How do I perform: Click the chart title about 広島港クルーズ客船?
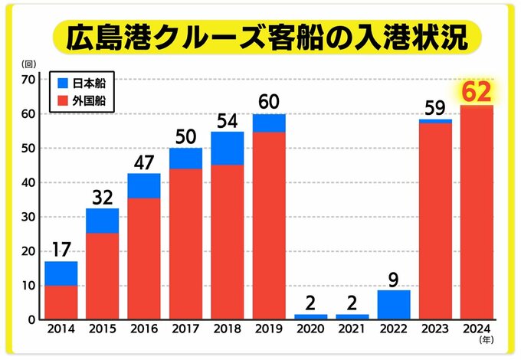[x=260, y=38]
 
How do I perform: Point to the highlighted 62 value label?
[x=475, y=93]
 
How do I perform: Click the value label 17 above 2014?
[x=61, y=250]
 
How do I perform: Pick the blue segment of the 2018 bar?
[x=227, y=148]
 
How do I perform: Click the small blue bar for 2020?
[x=310, y=316]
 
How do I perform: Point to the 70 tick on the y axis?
[x=28, y=80]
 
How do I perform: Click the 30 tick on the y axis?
[x=28, y=217]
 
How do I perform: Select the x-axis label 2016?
[x=144, y=330]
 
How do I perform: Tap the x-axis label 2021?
[x=351, y=330]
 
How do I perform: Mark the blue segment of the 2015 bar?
[x=103, y=221]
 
